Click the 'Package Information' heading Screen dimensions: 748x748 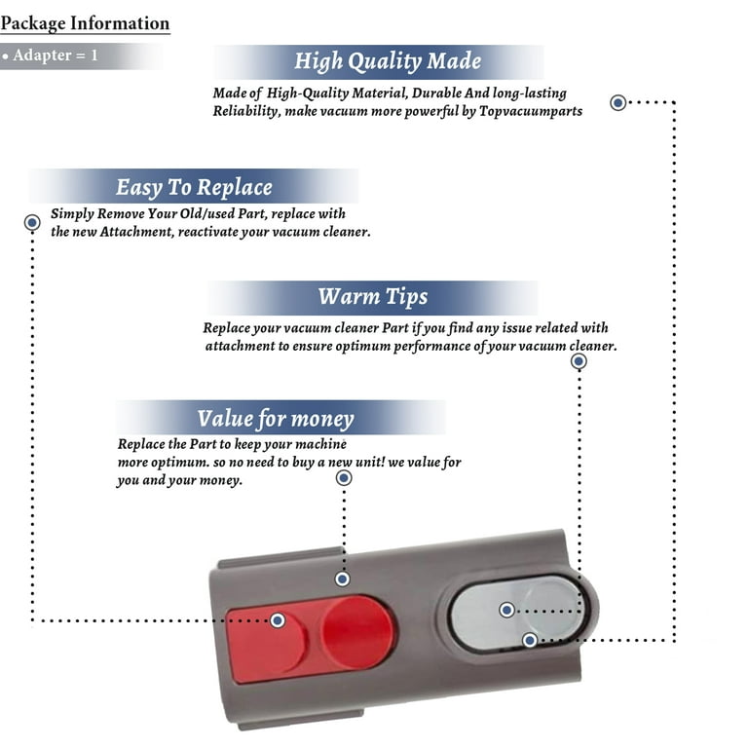[85, 23]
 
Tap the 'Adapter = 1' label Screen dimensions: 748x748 [51, 56]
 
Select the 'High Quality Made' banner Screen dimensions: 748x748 [388, 61]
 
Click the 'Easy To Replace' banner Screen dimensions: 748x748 [194, 187]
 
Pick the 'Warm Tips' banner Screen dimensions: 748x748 [372, 296]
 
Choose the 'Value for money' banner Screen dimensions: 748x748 [276, 419]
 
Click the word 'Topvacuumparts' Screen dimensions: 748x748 [534, 111]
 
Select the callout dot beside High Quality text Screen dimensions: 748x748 [617, 102]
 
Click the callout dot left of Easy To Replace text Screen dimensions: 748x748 [32, 223]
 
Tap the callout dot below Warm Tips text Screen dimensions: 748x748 [579, 361]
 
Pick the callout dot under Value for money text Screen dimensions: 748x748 [343, 478]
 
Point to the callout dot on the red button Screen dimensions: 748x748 [278, 620]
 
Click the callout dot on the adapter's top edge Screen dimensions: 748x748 [342, 579]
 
